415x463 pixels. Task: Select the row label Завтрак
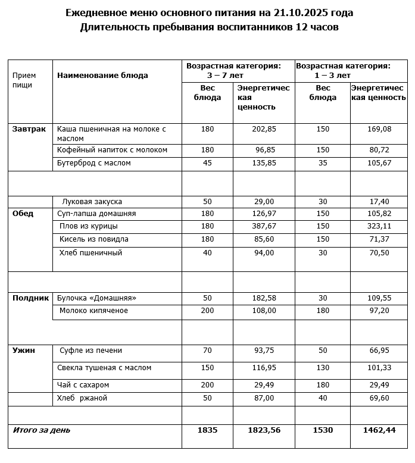click(29, 129)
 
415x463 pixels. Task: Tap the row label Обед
click(23, 214)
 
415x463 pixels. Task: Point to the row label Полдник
click(30, 298)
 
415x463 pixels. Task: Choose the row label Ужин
click(24, 351)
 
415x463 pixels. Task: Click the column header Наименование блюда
click(102, 76)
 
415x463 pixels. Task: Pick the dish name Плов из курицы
click(89, 227)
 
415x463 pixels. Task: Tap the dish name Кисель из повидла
click(94, 240)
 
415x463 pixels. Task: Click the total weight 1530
click(323, 430)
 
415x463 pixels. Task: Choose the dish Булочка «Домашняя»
click(96, 298)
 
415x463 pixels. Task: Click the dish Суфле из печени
click(91, 351)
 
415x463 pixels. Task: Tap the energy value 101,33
click(379, 368)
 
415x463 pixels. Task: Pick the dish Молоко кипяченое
click(93, 311)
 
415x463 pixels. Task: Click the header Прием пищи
click(24, 80)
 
